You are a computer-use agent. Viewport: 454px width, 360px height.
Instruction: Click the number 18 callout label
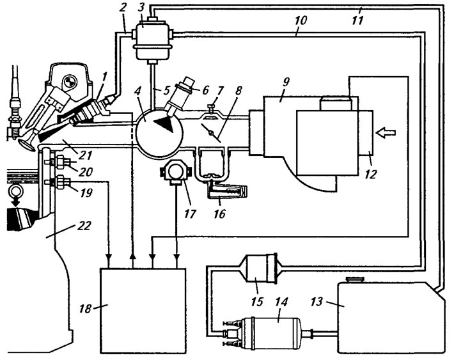[86, 309]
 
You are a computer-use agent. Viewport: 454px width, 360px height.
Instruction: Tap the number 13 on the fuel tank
[317, 302]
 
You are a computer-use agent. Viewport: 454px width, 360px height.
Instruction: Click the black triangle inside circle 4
[164, 125]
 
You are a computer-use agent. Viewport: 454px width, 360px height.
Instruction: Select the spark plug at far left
[13, 116]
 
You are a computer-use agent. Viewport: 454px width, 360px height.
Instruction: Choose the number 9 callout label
[285, 82]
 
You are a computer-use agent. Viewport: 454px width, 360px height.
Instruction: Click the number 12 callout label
[371, 175]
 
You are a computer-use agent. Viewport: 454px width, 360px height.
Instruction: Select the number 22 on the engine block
[84, 226]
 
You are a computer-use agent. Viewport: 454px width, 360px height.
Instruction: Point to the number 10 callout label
[301, 20]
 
